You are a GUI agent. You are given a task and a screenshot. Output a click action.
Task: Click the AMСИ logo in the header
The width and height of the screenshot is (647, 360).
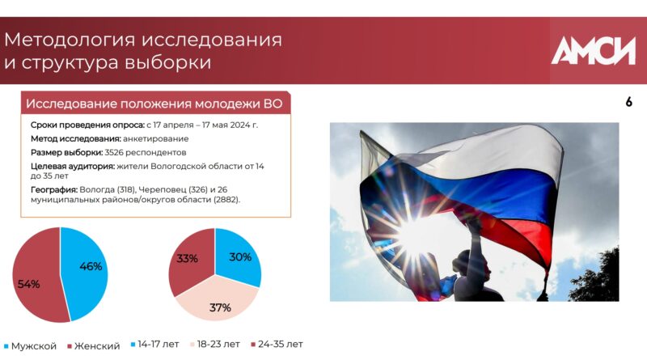(594, 50)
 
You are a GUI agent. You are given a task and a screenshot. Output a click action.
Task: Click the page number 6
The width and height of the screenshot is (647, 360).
(629, 102)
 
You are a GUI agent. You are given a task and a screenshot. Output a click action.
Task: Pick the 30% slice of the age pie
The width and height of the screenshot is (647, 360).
(239, 256)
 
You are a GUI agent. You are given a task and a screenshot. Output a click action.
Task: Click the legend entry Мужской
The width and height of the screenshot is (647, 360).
(30, 346)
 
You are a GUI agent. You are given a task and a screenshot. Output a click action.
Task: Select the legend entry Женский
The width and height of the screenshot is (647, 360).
(94, 346)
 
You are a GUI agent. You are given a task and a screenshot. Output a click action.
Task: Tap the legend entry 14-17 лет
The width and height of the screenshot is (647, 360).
(155, 345)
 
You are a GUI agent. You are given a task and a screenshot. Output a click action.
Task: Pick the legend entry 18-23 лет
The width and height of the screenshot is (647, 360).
(215, 345)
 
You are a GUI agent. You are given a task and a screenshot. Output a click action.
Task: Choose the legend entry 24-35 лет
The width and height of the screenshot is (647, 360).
(277, 345)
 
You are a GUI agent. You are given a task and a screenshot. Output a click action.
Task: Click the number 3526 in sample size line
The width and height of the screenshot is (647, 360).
(114, 152)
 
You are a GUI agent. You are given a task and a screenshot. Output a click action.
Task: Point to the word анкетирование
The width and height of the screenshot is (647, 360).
(155, 138)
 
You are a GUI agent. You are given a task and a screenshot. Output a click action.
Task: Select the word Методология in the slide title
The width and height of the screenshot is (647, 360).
(70, 40)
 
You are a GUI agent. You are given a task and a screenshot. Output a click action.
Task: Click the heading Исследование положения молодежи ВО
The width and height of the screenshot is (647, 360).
(154, 104)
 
